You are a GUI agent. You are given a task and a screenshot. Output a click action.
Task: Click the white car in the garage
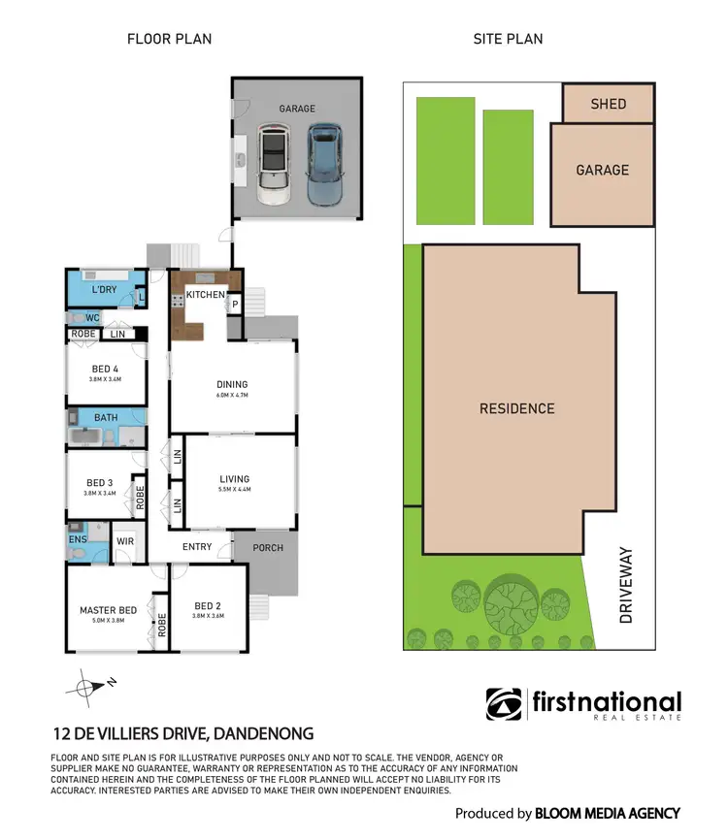[x=276, y=165]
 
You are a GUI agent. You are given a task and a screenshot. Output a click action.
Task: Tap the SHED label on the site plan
[x=609, y=103]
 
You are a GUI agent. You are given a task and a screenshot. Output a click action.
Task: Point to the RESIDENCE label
[x=516, y=408]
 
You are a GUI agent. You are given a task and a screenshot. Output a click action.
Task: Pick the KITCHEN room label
[x=206, y=294]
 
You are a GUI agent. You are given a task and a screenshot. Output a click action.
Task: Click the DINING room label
[x=232, y=384]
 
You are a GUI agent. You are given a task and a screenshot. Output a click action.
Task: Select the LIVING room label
[x=234, y=478]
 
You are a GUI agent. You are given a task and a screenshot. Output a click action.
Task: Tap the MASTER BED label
[x=105, y=610]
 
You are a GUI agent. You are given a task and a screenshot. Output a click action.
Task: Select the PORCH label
[x=268, y=548]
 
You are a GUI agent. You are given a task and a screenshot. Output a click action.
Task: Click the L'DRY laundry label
[x=104, y=290]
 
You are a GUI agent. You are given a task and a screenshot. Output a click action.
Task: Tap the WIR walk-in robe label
[x=125, y=541]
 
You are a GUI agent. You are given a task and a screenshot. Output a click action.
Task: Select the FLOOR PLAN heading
[x=169, y=39]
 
